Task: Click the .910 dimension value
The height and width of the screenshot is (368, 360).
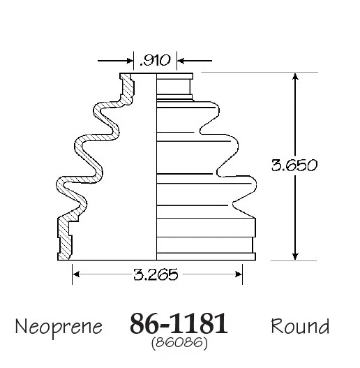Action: coord(155,61)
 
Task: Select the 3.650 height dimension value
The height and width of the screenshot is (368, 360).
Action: coord(294,165)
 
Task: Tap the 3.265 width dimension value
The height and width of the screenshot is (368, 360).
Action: coord(157,274)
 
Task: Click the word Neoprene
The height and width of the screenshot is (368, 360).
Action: coord(59,326)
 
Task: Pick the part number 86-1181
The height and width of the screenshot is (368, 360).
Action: coord(179,325)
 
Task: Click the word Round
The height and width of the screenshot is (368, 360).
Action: coord(299,325)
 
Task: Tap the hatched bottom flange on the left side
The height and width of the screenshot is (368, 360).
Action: coord(64,241)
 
